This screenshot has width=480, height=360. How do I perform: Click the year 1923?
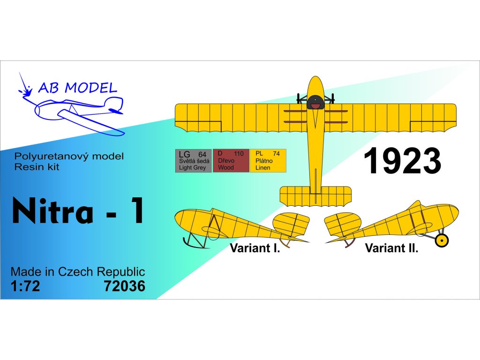402,161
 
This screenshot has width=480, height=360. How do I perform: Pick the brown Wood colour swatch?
231,161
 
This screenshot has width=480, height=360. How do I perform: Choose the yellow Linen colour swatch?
268,161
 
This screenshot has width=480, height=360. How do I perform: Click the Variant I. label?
255,248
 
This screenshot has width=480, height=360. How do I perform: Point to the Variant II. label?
391,248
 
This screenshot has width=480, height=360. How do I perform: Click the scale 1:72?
25,286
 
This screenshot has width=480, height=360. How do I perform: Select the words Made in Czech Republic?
78,272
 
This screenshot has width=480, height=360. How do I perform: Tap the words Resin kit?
37,167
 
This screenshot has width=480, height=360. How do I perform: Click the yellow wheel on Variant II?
442,240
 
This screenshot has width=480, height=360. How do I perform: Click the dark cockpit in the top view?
315,102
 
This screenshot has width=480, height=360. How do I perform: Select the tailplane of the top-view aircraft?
315,196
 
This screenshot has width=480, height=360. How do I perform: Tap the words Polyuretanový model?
69,156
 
